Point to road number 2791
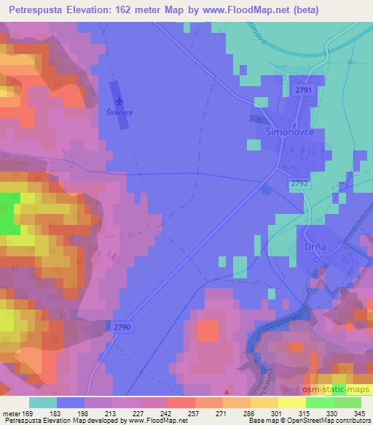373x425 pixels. pyautogui.click(x=304, y=90)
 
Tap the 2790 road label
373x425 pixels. pyautogui.click(x=122, y=328)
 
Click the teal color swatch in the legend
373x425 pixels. pyautogui.click(x=44, y=402)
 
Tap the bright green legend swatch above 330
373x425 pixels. pyautogui.click(x=319, y=402)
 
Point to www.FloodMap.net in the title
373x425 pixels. pyautogui.click(x=234, y=9)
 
